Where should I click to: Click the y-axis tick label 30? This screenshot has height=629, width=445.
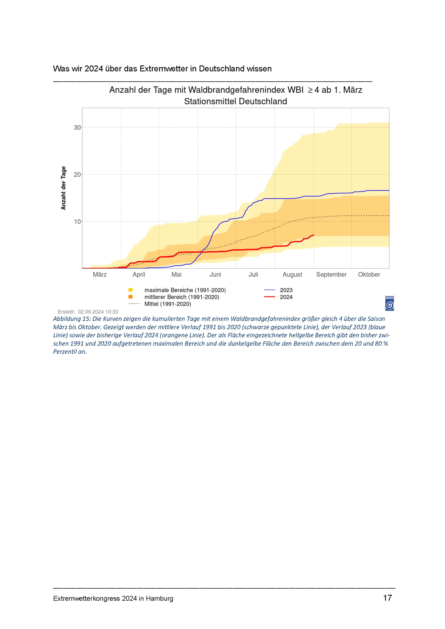pos(77,128)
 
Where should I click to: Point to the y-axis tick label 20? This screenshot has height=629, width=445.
pos(77,174)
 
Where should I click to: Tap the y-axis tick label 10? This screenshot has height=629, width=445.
pos(77,221)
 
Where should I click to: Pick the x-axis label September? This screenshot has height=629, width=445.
pos(331,274)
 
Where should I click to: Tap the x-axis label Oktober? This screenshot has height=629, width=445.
pos(369,274)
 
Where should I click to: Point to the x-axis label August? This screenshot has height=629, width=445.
pos(292,274)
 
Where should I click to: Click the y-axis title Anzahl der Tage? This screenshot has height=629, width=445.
pos(63,188)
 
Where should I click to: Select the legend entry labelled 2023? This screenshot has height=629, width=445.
pos(279,290)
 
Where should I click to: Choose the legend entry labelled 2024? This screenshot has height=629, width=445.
pos(279,297)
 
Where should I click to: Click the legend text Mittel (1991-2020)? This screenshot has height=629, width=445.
pos(168,304)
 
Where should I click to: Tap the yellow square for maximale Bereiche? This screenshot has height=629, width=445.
pos(131,290)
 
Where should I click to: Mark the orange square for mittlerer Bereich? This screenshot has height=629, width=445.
pos(131,297)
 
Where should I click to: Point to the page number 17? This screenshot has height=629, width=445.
pos(387,597)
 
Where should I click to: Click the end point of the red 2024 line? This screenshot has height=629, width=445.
pos(314,235)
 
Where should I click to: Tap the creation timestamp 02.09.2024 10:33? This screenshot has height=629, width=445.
pos(98,312)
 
